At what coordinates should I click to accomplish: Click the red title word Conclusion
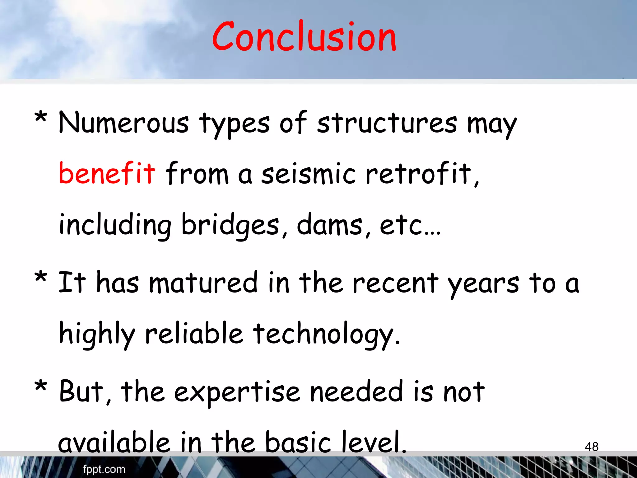[304, 37]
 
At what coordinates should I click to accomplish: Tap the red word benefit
[107, 173]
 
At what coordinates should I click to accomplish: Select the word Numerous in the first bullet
[123, 123]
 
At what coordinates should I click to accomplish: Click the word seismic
[308, 173]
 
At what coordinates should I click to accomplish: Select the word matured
[203, 282]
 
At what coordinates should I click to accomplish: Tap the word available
[114, 442]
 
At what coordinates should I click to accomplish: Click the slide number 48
[591, 447]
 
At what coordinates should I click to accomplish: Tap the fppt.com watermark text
[104, 469]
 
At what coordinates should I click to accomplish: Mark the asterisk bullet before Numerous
[41, 118]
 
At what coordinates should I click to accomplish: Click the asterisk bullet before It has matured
[41, 277]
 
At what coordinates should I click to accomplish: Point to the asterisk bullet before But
[41, 387]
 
